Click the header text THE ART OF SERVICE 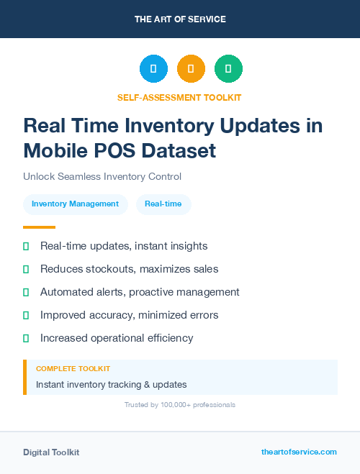180,19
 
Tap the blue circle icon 153,68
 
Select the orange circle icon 191,68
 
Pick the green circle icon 228,68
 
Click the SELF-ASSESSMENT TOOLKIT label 180,97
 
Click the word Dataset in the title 179,151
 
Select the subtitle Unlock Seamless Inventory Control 102,176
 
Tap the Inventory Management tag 75,204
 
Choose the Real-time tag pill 163,204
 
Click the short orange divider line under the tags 34,227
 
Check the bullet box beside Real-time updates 26,246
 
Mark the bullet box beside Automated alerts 26,292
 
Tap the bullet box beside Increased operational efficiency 26,338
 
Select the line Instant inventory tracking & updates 111,384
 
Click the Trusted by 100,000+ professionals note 180,405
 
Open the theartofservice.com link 299,452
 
